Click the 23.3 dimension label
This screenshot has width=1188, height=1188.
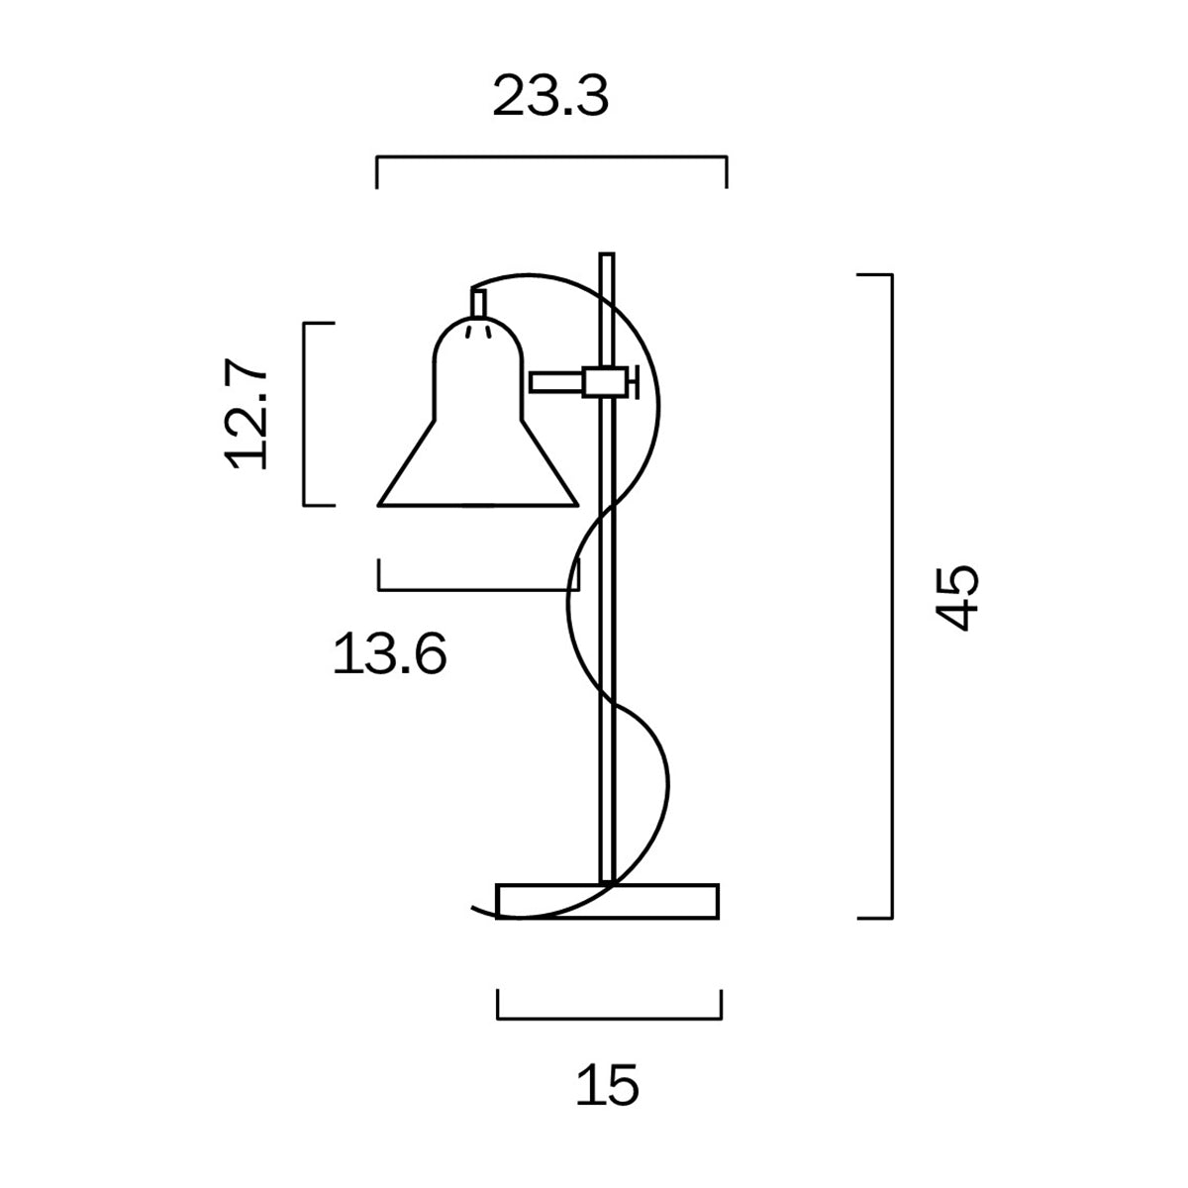[x=550, y=97]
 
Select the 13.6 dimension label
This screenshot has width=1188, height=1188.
[x=389, y=654]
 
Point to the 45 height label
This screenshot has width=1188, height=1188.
[x=957, y=597]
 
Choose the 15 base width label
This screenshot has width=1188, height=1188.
[x=608, y=1086]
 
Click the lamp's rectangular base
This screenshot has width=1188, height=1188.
[x=653, y=901]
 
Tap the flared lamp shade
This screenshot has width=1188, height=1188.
[x=478, y=436]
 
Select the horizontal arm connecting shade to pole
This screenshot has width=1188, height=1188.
[x=556, y=382]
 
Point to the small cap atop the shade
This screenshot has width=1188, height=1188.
[x=478, y=304]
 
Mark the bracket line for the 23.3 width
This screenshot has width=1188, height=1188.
[x=550, y=157]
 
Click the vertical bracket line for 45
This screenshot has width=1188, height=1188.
[x=893, y=594]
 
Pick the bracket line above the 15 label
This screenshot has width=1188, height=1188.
[x=608, y=1017]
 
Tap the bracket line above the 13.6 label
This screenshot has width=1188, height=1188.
[x=478, y=590]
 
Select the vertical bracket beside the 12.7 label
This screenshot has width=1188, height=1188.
[x=304, y=414]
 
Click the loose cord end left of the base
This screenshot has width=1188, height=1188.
[x=480, y=910]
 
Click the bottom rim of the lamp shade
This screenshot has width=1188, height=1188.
[x=478, y=505]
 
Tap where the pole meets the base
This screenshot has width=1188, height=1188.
[x=608, y=880]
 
